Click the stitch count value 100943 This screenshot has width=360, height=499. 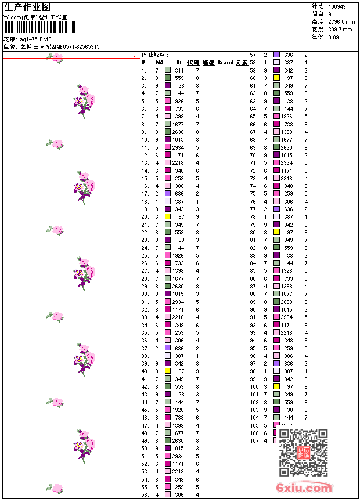pos(337,6)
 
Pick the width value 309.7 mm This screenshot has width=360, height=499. pos(340,29)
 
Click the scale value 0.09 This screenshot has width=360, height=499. pos(333,37)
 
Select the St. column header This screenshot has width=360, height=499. pos(180,62)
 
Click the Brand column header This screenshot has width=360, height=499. pos(225,62)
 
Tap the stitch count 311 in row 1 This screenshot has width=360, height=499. pos(179,70)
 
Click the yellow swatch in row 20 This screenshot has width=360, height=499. pos(168,216)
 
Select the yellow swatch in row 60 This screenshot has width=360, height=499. pos(276,77)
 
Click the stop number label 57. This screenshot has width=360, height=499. pos(254,55)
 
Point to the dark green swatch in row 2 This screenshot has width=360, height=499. pos(168,77)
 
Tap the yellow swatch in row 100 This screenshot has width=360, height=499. pos(276,386)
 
